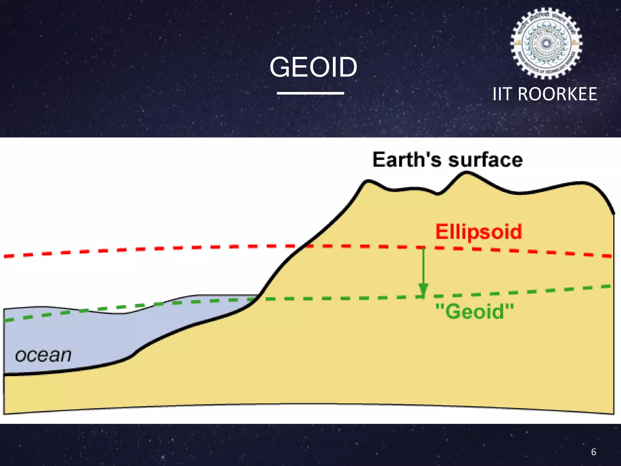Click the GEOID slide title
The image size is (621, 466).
[x=313, y=67]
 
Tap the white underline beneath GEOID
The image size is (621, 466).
[x=310, y=93]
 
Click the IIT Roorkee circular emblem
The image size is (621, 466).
[x=546, y=43]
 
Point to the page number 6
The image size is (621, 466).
[x=593, y=452]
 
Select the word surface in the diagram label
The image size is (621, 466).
[x=485, y=160]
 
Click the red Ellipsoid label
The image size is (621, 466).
[x=478, y=232]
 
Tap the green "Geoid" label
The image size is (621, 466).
[x=475, y=311]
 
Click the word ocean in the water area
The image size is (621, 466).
[x=43, y=355]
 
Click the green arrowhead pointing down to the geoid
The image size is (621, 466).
[x=423, y=289]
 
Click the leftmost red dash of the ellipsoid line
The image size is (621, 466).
[x=9, y=256]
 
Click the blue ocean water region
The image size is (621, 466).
[x=76, y=337]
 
